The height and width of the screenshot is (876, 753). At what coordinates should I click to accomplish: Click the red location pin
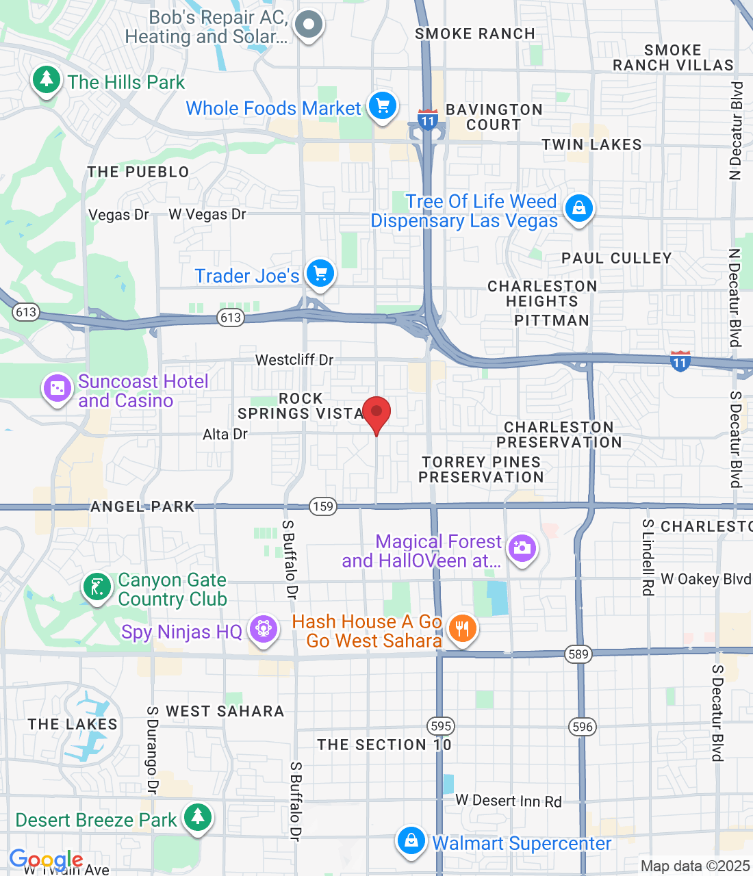click(376, 413)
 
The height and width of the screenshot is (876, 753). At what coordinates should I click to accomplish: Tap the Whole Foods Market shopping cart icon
click(383, 106)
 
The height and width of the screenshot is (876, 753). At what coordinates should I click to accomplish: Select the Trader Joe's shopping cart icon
click(320, 274)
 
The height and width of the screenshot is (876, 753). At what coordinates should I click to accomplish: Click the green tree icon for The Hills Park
click(46, 79)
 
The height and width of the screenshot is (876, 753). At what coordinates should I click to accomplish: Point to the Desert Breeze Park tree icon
click(198, 816)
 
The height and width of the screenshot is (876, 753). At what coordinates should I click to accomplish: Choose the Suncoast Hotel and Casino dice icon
click(58, 389)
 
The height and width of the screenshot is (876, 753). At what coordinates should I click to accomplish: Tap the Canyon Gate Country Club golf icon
click(97, 587)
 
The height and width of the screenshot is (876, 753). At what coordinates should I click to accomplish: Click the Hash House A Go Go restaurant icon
click(463, 628)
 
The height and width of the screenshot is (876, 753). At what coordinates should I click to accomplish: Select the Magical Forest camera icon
click(522, 548)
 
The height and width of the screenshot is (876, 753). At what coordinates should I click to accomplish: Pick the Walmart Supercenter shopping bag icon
click(411, 840)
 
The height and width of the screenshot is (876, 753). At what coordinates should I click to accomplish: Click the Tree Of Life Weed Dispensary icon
click(579, 207)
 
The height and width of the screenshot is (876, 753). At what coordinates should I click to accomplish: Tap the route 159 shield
click(323, 506)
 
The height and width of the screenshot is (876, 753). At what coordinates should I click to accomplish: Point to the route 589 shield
click(578, 654)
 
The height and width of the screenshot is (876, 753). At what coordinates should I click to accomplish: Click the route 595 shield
click(441, 726)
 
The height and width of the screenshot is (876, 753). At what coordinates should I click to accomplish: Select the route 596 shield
click(583, 726)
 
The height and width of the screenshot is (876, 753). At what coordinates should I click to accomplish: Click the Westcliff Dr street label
click(294, 360)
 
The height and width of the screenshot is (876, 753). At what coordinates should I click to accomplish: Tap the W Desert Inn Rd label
click(509, 801)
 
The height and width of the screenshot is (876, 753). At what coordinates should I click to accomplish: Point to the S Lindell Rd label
click(648, 557)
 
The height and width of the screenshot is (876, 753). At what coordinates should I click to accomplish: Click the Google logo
click(46, 860)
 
